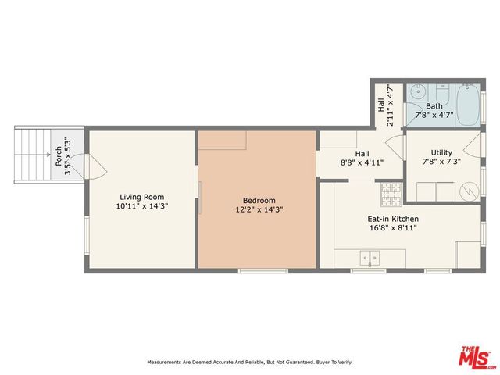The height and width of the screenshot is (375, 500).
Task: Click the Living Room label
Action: click(141, 197)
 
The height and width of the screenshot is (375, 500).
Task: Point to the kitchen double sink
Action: click(370, 256)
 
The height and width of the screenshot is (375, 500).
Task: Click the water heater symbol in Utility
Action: click(467, 191)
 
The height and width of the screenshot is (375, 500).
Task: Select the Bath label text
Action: click(434, 105)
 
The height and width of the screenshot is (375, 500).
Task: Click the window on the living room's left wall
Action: click(87, 234)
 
